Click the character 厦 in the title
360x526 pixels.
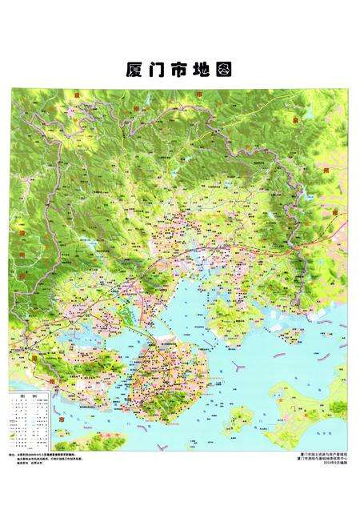click(x=134, y=70)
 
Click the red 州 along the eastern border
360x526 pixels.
click(x=302, y=170)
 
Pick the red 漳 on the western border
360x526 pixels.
click(x=24, y=233)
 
